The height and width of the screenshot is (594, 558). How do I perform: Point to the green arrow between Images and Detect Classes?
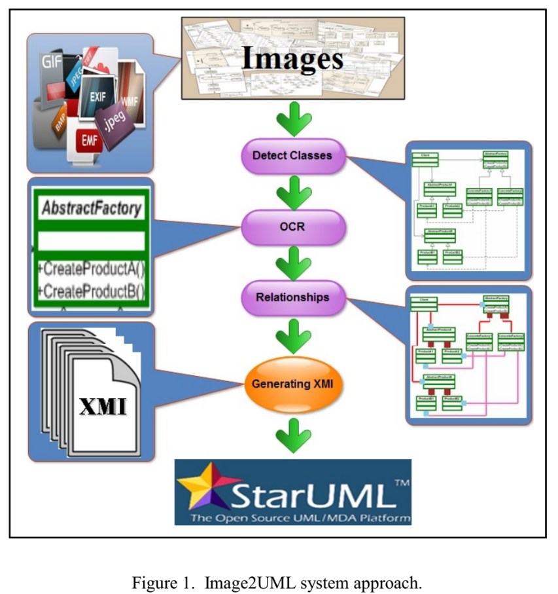(292, 120)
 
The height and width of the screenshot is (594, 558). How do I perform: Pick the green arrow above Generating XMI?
(292, 337)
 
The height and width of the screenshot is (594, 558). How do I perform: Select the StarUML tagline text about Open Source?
(300, 518)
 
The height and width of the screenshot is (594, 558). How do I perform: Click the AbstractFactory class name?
(91, 209)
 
